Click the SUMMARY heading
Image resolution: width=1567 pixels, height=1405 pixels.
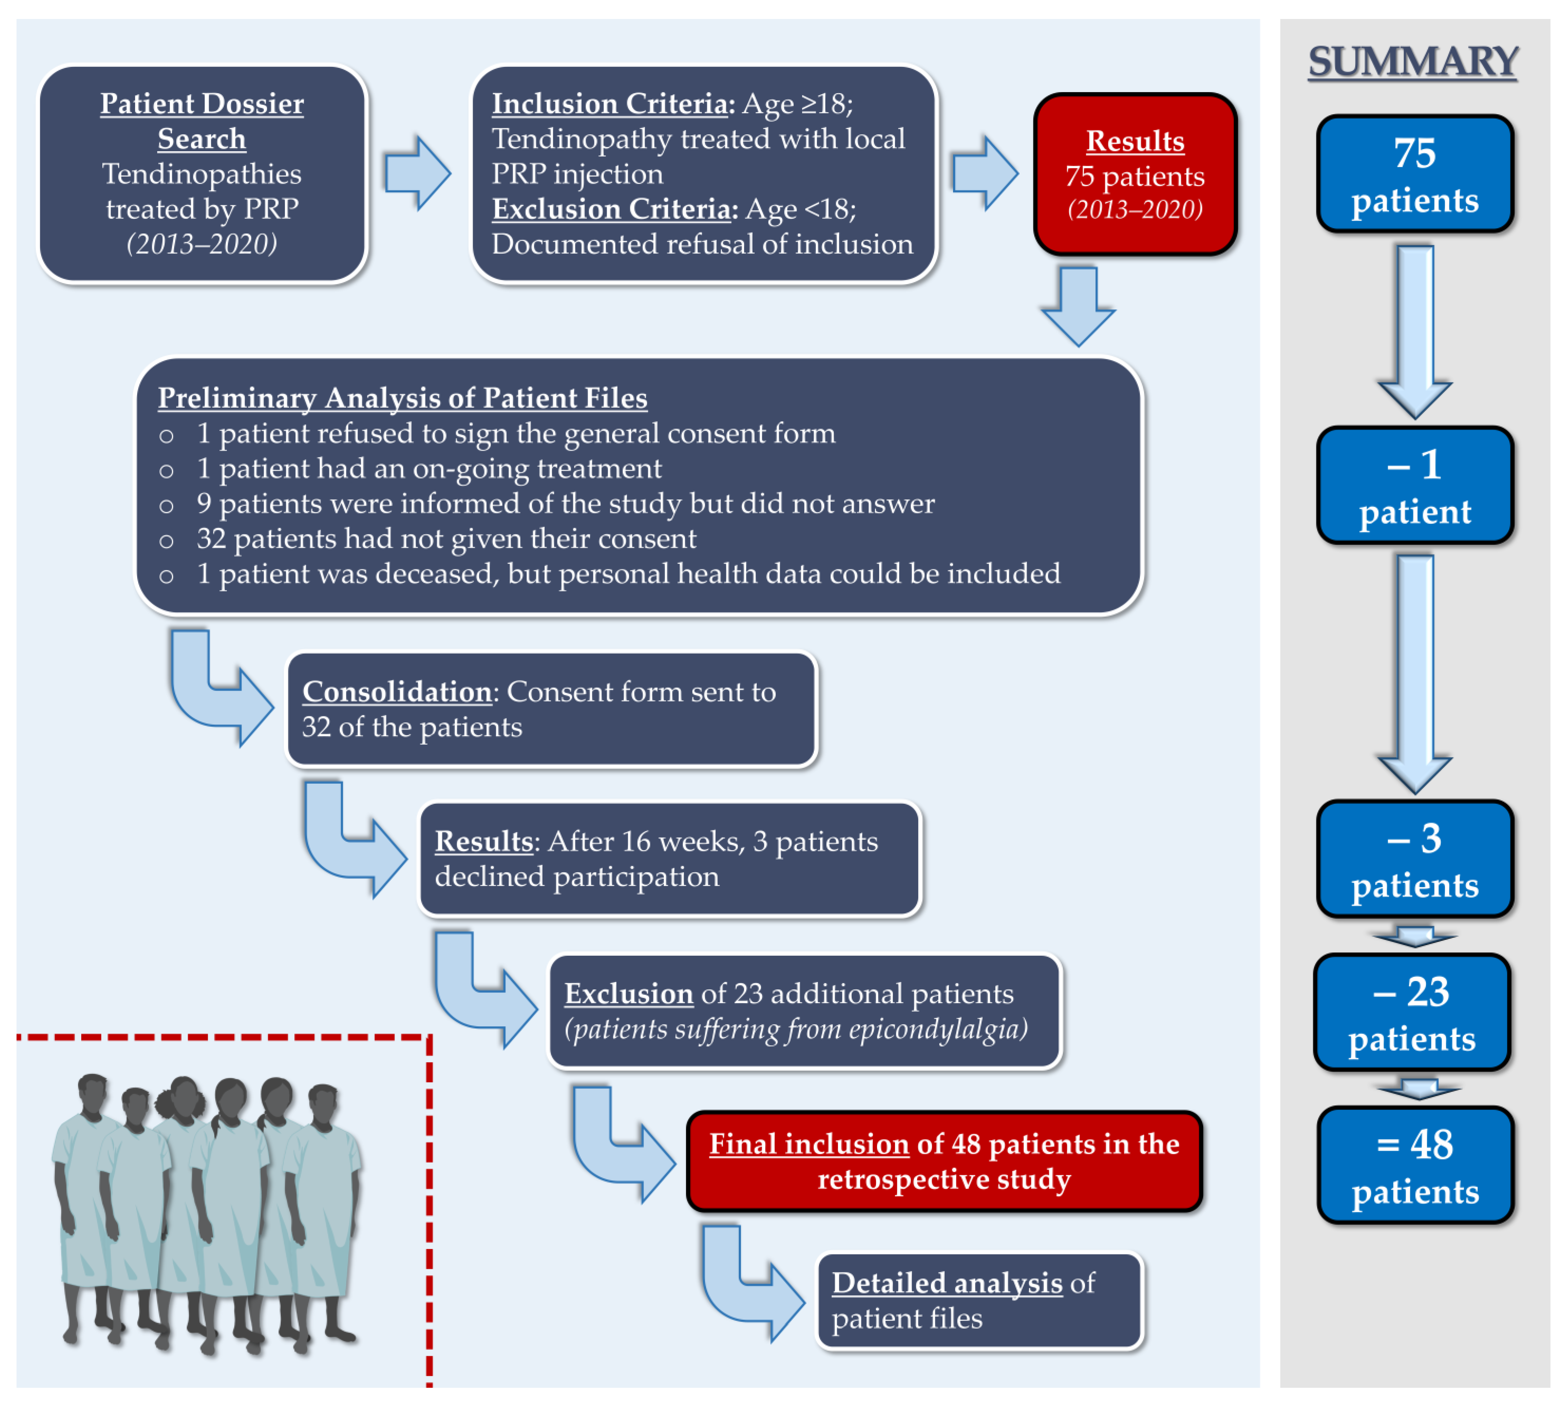coord(1413,62)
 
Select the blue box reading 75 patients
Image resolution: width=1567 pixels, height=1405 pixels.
coord(1414,174)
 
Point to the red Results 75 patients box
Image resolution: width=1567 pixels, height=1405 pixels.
coord(1135,174)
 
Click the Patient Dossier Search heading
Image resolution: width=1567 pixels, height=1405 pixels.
coord(202,121)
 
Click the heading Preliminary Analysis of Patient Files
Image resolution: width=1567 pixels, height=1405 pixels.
coord(402,398)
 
